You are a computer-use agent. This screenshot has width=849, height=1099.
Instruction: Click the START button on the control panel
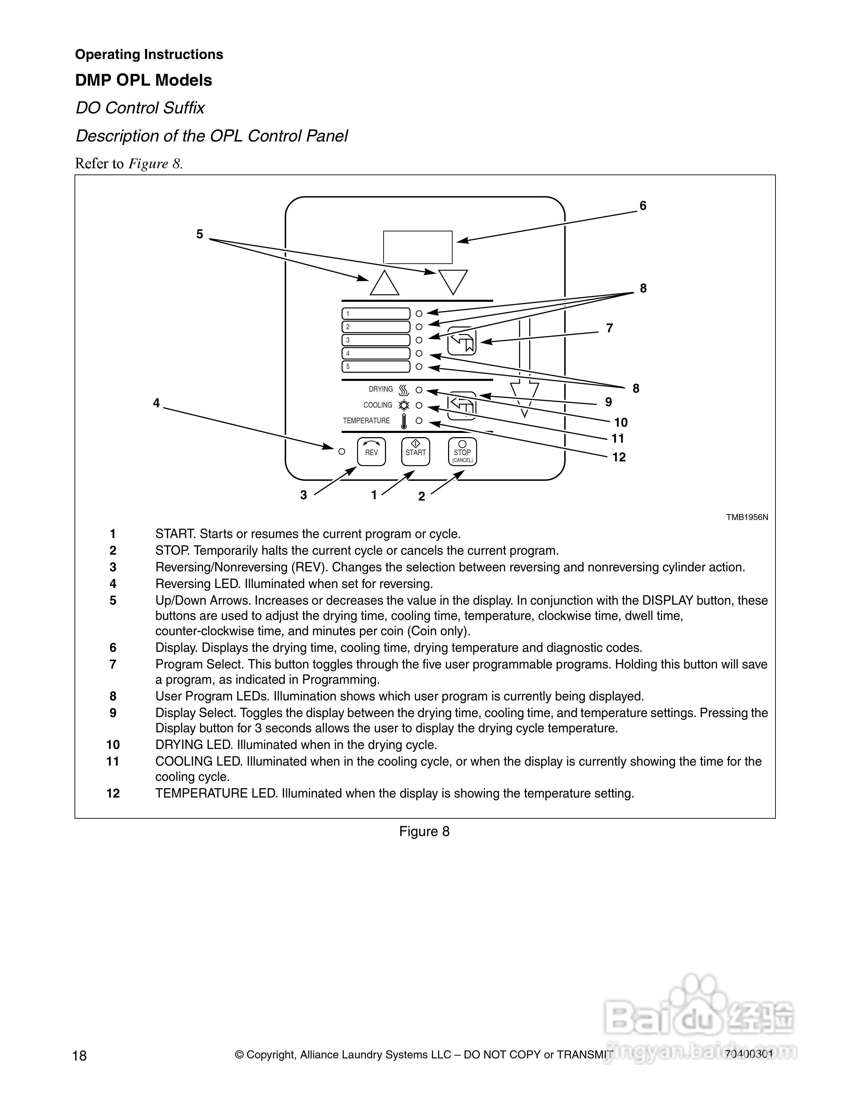click(415, 451)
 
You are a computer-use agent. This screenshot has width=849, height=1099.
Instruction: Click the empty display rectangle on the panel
click(418, 247)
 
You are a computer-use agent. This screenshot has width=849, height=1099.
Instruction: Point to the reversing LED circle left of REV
click(342, 451)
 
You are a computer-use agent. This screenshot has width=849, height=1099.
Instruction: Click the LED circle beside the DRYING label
click(419, 390)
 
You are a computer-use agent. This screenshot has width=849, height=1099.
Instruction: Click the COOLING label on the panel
click(378, 405)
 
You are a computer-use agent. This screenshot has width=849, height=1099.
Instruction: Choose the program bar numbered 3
click(376, 340)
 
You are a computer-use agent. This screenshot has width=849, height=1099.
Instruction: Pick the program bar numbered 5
click(376, 367)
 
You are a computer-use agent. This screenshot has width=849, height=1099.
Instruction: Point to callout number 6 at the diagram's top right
click(643, 206)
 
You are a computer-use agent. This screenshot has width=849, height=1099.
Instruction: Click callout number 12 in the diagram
click(619, 458)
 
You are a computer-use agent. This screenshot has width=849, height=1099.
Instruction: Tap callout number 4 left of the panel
click(156, 403)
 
